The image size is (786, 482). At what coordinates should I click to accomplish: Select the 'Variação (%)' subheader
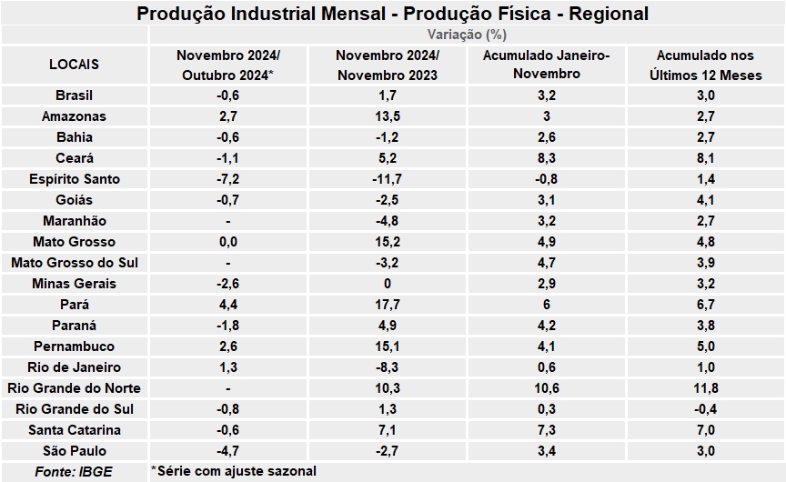pyautogui.click(x=467, y=35)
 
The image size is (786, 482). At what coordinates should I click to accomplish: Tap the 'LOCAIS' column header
pyautogui.click(x=75, y=65)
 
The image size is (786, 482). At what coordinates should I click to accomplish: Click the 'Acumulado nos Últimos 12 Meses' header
pyautogui.click(x=706, y=65)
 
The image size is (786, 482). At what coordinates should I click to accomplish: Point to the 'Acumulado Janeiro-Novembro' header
pyautogui.click(x=547, y=65)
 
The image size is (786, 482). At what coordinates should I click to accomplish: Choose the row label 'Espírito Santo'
pyautogui.click(x=75, y=179)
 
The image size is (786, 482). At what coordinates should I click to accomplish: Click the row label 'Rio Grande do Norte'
pyautogui.click(x=75, y=388)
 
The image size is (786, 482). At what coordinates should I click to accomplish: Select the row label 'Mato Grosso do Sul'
pyautogui.click(x=75, y=263)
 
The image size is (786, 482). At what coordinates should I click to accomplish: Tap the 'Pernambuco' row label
pyautogui.click(x=75, y=346)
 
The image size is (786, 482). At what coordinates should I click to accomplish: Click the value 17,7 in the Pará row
pyautogui.click(x=388, y=305)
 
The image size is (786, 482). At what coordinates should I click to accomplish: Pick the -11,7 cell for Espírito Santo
pyautogui.click(x=388, y=179)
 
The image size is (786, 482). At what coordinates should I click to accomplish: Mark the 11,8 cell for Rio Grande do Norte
pyautogui.click(x=706, y=388)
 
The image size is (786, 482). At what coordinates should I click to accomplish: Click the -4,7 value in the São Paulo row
pyautogui.click(x=228, y=451)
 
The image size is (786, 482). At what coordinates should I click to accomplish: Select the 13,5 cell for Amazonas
pyautogui.click(x=388, y=116)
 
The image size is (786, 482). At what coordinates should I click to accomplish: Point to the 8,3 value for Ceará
pyautogui.click(x=547, y=158)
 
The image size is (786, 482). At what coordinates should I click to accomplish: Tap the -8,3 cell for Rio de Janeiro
pyautogui.click(x=388, y=367)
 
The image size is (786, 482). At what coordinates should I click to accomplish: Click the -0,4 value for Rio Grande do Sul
pyautogui.click(x=706, y=409)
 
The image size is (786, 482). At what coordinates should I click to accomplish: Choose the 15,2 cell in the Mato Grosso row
pyautogui.click(x=388, y=242)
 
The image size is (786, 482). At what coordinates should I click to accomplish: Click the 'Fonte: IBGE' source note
pyautogui.click(x=68, y=471)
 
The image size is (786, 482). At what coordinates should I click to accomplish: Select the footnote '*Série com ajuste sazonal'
pyautogui.click(x=234, y=471)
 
